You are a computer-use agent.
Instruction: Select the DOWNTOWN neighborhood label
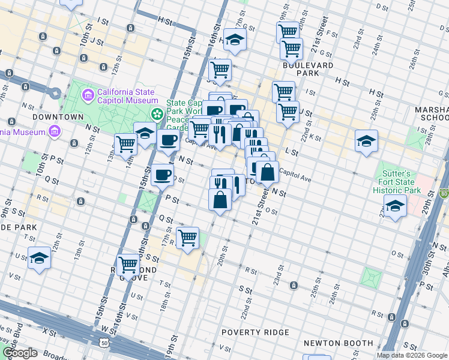(58, 116)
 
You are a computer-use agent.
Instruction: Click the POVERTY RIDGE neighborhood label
(255, 332)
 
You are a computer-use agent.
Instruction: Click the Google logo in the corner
(20, 352)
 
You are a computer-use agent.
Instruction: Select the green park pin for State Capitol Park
(157, 113)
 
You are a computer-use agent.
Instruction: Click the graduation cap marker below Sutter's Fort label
(395, 206)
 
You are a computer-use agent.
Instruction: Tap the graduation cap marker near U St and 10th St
(39, 258)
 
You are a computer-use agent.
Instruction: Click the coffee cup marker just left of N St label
(161, 175)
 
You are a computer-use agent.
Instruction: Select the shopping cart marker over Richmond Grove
(128, 263)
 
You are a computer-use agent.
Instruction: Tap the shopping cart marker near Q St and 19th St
(187, 237)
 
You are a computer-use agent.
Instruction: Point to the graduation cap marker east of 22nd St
(366, 141)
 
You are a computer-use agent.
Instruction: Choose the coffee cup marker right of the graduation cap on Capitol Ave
(168, 140)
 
